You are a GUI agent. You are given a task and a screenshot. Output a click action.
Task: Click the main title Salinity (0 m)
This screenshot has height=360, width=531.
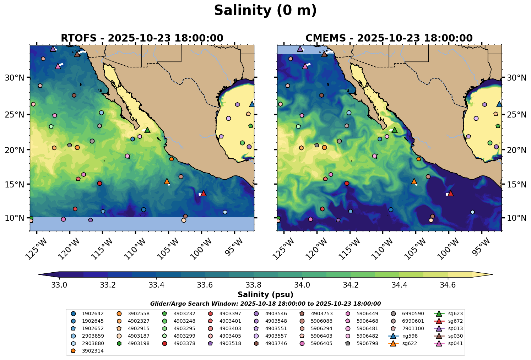click(x=265, y=11)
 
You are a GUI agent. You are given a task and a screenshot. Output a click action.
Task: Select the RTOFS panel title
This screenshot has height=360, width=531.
click(x=142, y=38)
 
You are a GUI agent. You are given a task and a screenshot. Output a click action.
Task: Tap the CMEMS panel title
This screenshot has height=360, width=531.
click(x=389, y=38)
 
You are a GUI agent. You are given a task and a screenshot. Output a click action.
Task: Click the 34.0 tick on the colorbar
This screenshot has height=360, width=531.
click(x=303, y=285)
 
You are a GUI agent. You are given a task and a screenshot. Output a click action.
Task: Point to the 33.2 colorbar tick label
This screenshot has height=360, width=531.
click(x=108, y=285)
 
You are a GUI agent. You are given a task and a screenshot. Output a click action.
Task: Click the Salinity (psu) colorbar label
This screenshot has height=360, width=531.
click(x=265, y=295)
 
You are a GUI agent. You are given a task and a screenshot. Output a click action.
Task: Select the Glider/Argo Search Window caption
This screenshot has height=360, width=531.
click(x=265, y=304)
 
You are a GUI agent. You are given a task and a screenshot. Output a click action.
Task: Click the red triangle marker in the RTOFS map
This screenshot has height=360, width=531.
click(x=203, y=193)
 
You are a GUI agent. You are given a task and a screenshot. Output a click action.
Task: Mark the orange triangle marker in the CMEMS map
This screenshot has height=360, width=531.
click(x=414, y=181)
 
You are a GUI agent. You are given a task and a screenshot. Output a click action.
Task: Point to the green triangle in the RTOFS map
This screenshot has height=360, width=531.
click(x=147, y=130)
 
